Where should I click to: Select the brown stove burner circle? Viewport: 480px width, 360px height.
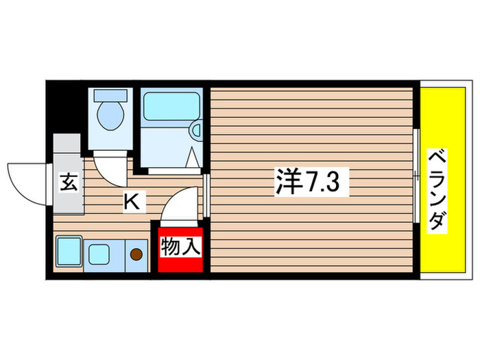(x=136, y=254)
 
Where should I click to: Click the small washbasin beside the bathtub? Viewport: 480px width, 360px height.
(x=196, y=130)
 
